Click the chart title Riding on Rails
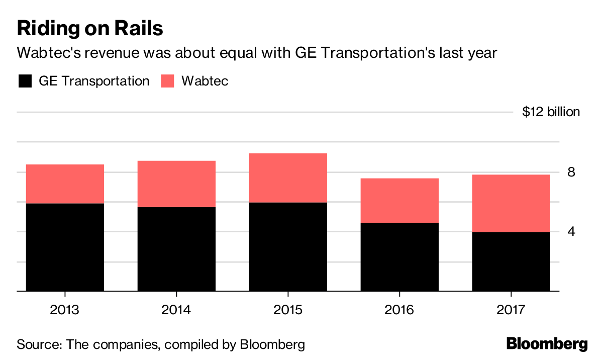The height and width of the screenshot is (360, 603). pos(90,28)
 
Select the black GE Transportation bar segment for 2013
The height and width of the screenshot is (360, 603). pos(64,247)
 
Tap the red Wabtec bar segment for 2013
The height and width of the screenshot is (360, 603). pos(64,184)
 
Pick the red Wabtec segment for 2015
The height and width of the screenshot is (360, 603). pos(288,178)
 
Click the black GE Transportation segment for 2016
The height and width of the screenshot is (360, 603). pos(399,256)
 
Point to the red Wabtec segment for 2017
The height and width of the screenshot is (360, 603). pos(511,203)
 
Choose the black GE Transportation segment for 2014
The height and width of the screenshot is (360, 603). pos(176,249)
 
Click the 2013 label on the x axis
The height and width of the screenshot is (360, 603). pos(64,309)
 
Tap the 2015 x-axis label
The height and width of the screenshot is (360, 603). pos(288,309)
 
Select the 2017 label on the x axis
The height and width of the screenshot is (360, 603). pos(511,309)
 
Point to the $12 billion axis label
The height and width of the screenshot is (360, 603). pos(551,112)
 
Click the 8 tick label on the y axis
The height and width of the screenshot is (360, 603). pos(571,172)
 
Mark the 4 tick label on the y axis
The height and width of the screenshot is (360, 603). pos(571,232)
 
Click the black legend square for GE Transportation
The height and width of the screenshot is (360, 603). pos(24,81)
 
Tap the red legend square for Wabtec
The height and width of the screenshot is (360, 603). pos(167,81)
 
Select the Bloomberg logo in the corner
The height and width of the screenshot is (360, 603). pos(547,344)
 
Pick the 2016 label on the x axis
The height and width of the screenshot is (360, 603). pos(399,309)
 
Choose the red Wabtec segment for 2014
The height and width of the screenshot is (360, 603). pos(176,184)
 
